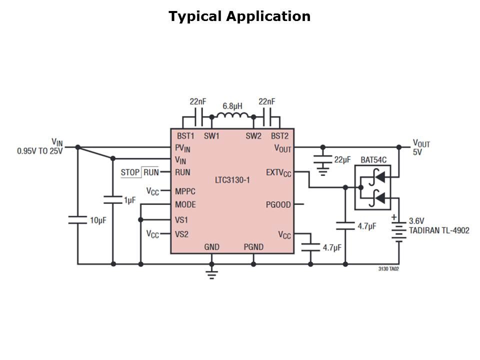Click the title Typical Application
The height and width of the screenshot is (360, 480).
239,16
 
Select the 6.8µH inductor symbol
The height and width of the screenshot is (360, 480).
232,116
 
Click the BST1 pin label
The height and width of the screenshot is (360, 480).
185,136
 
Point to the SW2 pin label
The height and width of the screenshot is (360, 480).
253,136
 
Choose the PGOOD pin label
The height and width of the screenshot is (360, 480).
277,204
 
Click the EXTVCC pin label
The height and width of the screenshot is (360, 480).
278,173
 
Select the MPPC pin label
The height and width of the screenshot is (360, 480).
185,191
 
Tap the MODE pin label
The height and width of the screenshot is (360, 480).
185,204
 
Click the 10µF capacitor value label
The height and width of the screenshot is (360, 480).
98,220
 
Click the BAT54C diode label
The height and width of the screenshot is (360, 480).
373,160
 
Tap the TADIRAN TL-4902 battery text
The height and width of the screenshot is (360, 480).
439,231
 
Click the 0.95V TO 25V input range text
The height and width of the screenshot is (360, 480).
40,151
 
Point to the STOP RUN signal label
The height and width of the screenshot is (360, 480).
139,172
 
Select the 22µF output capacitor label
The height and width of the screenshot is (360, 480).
343,159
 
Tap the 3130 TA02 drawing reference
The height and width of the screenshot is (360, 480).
388,269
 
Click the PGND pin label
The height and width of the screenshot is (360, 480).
253,247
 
